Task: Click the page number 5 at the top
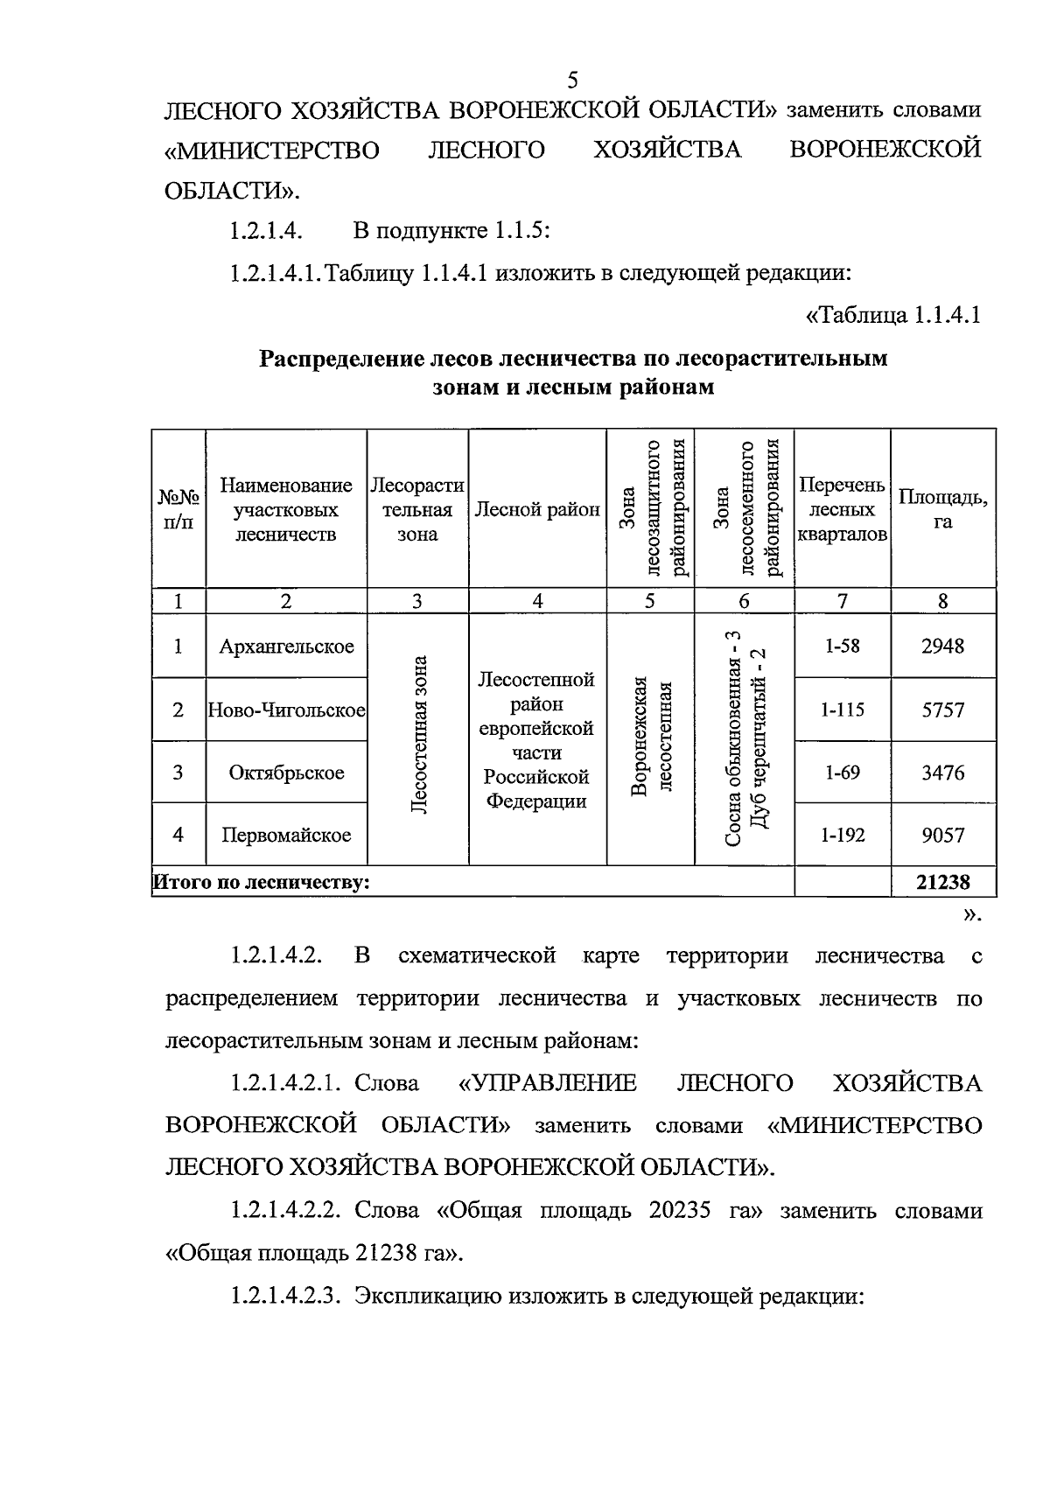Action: coord(573,80)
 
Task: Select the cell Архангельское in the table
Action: coord(286,647)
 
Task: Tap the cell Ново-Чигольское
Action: coord(286,710)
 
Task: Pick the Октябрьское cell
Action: coord(286,773)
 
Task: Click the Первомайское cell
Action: coord(286,835)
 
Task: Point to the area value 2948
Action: coord(943,647)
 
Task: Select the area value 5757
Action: coord(943,710)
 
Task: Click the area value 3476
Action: coord(943,773)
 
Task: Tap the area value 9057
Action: coord(943,835)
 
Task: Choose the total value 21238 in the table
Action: coord(943,882)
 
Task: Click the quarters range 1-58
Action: coord(842,647)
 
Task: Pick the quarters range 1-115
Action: coord(842,710)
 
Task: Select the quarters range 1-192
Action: coord(842,835)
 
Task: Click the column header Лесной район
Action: coord(537,509)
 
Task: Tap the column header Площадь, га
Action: coord(943,509)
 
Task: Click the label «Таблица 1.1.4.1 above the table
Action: coord(892,315)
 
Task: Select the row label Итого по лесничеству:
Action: coord(262,882)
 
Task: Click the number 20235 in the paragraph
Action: coord(680,1211)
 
